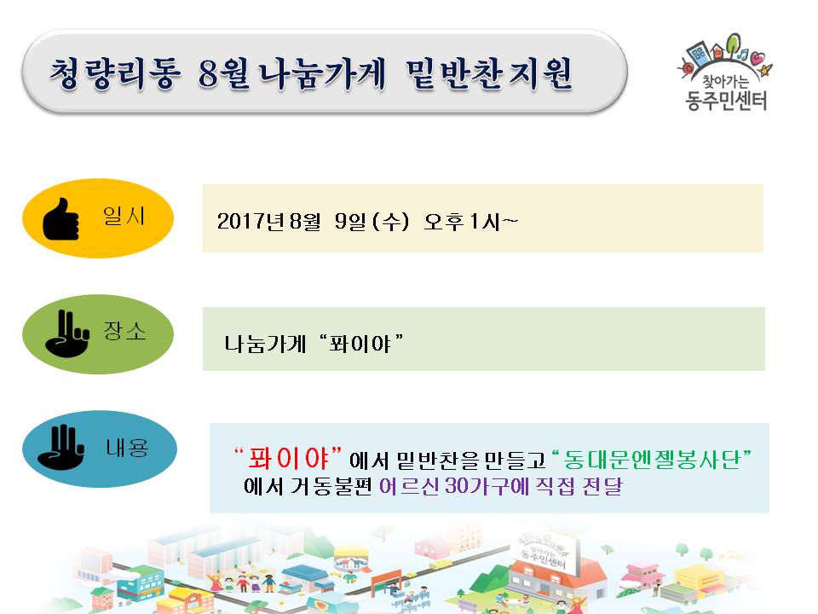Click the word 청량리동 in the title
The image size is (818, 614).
coord(115,73)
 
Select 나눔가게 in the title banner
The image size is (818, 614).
coord(322,73)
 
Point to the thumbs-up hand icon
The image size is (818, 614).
coord(60,219)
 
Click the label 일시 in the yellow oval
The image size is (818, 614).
coord(124,215)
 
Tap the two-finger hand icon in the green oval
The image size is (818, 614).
coord(66,333)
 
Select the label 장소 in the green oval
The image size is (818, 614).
coord(124,331)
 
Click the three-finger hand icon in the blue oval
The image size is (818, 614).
coord(61,448)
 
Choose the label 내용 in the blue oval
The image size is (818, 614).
coord(127,448)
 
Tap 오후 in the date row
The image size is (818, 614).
coord(443,222)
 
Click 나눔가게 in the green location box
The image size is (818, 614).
coord(265,344)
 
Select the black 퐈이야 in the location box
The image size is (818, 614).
coord(360,344)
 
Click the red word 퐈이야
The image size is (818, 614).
coord(289,459)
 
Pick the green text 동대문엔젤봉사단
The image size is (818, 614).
coord(652,460)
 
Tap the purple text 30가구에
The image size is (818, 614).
coord(487,486)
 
